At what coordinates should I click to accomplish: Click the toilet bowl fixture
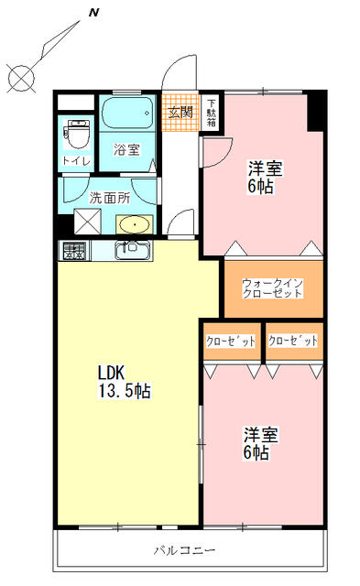(x=77, y=135)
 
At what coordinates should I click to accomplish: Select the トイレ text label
(x=76, y=161)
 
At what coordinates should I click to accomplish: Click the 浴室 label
(x=127, y=149)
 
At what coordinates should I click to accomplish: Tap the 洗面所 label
(x=108, y=196)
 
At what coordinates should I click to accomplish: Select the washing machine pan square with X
(x=88, y=220)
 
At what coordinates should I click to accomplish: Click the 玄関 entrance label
(x=180, y=113)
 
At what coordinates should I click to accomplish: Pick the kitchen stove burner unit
(x=73, y=249)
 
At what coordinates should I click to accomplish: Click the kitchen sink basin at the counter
(x=129, y=248)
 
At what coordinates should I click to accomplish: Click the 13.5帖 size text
(x=125, y=391)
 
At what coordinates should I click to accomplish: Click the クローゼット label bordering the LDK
(x=230, y=340)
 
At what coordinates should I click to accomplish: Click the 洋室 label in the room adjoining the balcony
(x=260, y=434)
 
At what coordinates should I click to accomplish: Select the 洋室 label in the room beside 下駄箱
(x=266, y=168)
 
